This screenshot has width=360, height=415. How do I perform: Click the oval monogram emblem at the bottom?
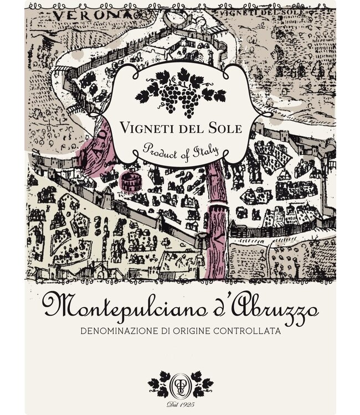click(180, 383)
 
